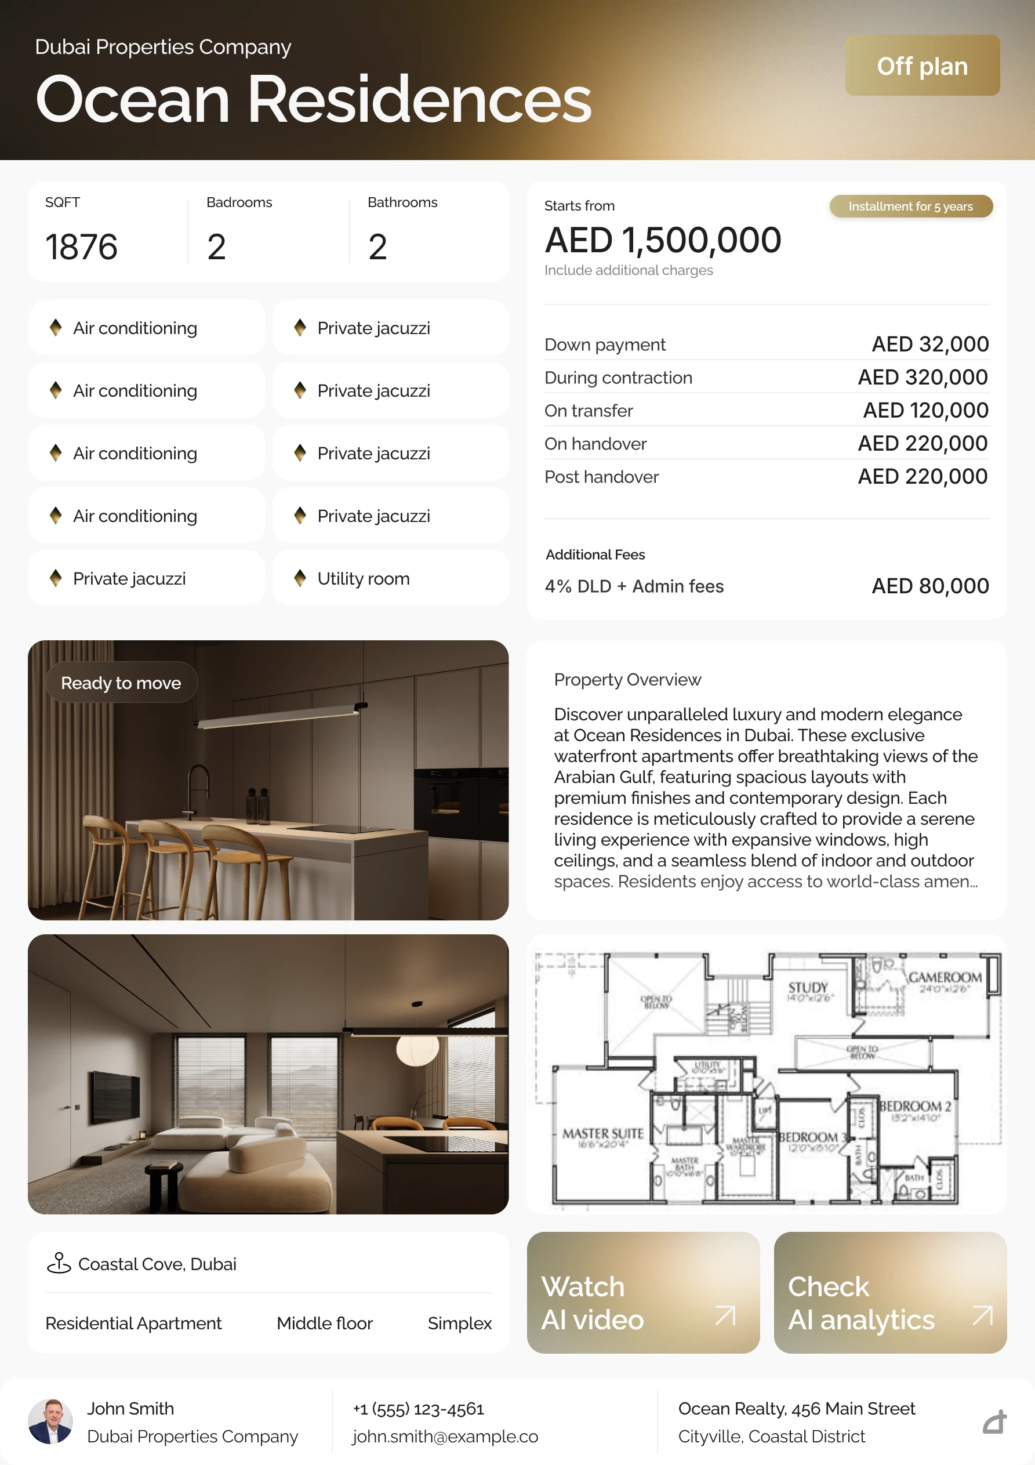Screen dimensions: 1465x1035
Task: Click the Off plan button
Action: tap(922, 66)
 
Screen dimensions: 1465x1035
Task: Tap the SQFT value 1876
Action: tap(82, 247)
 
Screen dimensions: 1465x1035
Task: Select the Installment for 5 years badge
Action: tap(910, 206)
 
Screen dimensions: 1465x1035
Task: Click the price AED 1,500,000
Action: tap(663, 241)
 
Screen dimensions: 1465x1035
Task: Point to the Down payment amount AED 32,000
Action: tap(929, 345)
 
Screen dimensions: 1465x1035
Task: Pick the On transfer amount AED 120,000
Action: tap(925, 410)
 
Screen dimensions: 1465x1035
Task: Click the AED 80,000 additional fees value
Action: tap(929, 586)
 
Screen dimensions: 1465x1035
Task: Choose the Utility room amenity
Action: tap(363, 579)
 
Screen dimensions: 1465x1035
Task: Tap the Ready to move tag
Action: tap(121, 683)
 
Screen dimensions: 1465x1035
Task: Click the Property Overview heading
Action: tap(627, 680)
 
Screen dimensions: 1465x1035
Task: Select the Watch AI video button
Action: tap(643, 1302)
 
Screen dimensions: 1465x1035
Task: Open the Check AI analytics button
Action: tap(890, 1302)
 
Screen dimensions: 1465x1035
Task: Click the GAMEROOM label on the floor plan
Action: tap(945, 977)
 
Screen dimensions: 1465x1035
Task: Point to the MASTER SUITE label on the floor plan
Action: tap(602, 1134)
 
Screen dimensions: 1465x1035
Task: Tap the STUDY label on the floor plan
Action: tap(807, 988)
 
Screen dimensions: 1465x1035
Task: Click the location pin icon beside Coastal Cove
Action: tap(59, 1263)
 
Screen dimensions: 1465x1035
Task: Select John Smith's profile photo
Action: tap(50, 1422)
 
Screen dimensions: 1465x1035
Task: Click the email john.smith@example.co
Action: tap(445, 1436)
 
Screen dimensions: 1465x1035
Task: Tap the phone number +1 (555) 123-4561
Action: tap(419, 1409)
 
